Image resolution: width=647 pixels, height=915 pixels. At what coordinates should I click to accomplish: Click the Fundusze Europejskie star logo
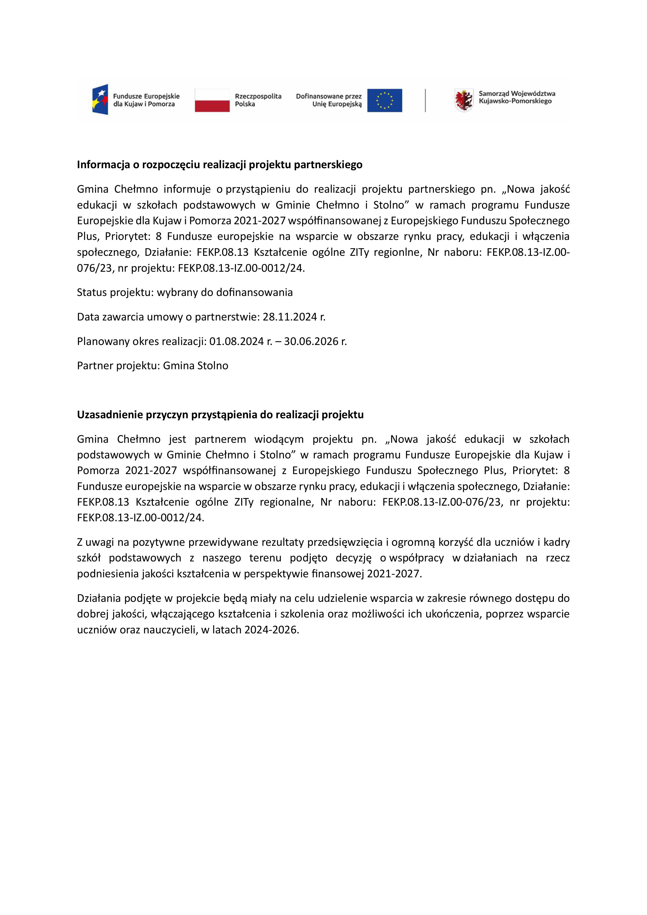click(100, 100)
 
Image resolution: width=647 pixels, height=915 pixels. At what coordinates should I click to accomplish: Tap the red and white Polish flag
click(212, 100)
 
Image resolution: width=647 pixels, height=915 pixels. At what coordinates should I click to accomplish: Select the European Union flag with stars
click(384, 100)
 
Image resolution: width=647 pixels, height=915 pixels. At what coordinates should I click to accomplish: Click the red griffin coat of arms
click(464, 100)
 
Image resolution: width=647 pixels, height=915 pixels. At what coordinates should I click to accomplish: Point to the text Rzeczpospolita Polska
click(258, 100)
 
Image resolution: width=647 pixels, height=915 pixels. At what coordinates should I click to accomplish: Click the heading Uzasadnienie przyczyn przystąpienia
click(220, 415)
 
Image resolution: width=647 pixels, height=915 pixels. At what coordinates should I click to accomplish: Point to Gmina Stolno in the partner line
click(195, 366)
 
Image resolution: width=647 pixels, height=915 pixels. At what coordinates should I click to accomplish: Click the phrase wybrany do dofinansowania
click(225, 293)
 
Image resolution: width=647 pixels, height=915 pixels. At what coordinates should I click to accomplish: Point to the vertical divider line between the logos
click(425, 100)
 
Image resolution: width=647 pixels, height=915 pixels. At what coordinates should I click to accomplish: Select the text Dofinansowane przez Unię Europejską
click(329, 100)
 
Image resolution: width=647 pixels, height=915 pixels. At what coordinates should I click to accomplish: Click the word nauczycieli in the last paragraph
click(167, 630)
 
